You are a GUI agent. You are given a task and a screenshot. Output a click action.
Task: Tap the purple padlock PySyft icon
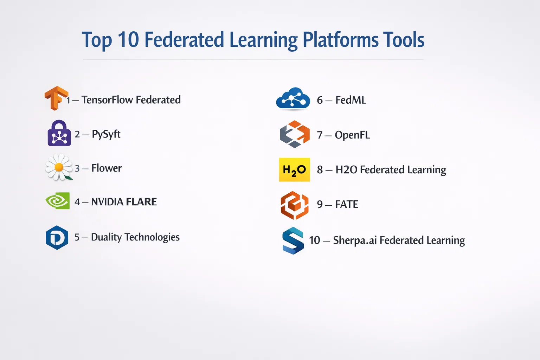point(59,133)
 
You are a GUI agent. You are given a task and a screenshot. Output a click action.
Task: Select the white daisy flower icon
point(59,167)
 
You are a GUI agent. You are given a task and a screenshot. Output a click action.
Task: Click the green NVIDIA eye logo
point(58,201)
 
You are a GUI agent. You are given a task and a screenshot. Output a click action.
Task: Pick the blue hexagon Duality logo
point(57,238)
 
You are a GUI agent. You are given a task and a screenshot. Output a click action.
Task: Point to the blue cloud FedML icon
point(293,98)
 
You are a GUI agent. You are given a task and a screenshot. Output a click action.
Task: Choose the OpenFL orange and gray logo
point(295,134)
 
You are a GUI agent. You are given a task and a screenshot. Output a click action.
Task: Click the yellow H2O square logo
point(294,169)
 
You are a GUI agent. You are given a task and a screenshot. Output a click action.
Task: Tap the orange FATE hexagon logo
point(295,205)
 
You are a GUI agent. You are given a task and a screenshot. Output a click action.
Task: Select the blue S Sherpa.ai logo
point(293,240)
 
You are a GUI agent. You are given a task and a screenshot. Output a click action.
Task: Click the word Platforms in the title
point(340,40)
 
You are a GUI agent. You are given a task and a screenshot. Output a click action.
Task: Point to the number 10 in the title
point(128,39)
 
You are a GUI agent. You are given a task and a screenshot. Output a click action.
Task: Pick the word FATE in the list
point(347,205)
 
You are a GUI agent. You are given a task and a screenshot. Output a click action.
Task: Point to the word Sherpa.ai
point(355,240)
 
